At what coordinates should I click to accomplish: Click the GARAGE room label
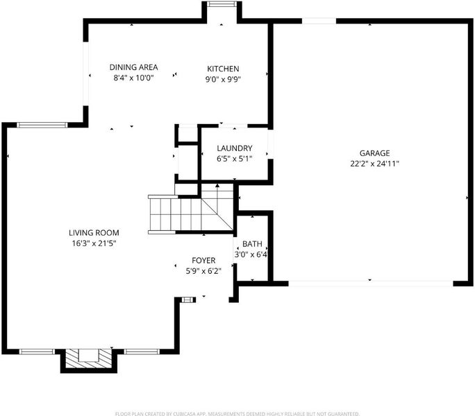[374, 153]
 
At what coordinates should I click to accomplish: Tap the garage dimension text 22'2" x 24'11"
[374, 164]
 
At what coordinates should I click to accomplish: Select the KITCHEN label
[223, 69]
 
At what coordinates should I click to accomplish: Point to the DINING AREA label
[133, 67]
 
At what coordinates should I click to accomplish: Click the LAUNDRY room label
[235, 148]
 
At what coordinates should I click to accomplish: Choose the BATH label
[252, 244]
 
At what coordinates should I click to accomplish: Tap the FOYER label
[203, 261]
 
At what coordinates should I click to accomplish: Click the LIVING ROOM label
[94, 233]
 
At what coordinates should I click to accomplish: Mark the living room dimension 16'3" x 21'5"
[94, 243]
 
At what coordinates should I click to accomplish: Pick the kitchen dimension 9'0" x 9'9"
[223, 79]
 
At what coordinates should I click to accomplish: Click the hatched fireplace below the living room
[88, 358]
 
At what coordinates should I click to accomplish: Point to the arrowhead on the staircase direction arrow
[217, 185]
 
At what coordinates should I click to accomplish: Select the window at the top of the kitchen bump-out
[222, 4]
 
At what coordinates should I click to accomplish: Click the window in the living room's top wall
[42, 125]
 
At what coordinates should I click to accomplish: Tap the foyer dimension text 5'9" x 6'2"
[203, 271]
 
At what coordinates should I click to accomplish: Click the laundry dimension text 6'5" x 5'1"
[235, 159]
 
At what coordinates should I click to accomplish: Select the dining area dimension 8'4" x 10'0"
[133, 78]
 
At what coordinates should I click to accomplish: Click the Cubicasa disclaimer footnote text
[237, 414]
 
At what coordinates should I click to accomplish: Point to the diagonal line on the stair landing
[217, 214]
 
